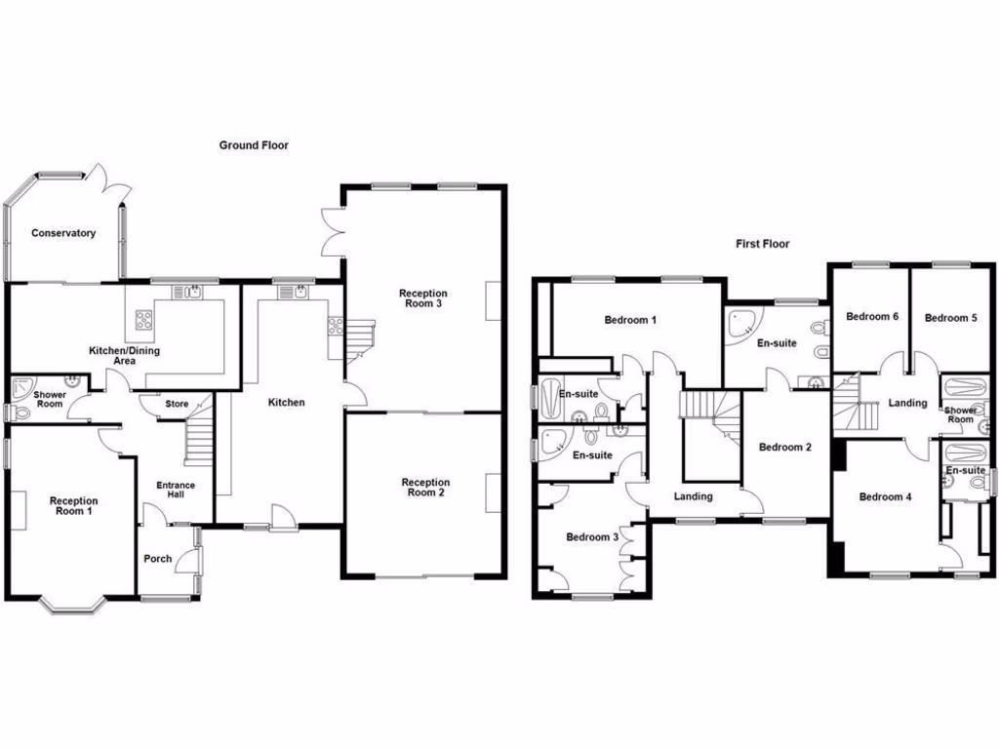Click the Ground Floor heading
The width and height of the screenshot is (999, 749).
click(253, 145)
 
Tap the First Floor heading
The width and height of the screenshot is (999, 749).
click(762, 244)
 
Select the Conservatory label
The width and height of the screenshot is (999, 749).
click(63, 233)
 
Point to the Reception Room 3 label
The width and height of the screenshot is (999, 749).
click(422, 298)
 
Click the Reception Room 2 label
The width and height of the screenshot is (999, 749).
click(425, 488)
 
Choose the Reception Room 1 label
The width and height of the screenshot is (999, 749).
click(74, 506)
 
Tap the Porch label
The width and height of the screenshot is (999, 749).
click(157, 559)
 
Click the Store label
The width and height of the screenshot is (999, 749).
click(177, 404)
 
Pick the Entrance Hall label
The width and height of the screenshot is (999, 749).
click(177, 491)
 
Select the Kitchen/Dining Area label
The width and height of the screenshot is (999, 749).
click(124, 355)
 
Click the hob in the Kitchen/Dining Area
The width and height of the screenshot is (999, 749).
click(143, 318)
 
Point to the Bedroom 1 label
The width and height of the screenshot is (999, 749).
click(630, 320)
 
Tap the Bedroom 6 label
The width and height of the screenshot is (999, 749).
click(870, 317)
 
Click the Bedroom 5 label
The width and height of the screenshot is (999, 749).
click(950, 318)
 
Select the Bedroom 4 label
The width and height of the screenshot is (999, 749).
click(885, 497)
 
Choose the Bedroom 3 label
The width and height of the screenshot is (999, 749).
click(592, 537)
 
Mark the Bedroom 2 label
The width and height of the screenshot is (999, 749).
click(785, 448)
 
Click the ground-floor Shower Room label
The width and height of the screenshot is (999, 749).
click(49, 400)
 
